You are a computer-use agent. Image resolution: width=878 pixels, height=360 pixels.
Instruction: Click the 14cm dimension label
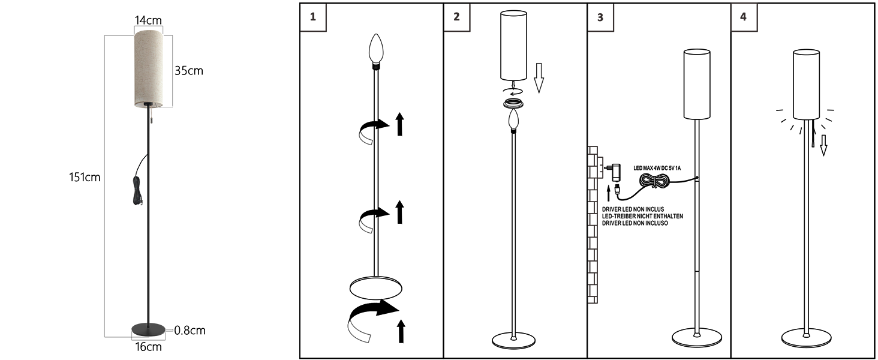coord(148,20)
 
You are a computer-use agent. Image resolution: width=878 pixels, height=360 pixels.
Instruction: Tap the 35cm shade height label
coord(189,71)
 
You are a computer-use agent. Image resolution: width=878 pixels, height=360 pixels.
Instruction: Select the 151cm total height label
coord(85,177)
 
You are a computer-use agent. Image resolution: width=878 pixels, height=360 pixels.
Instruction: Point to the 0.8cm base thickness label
coord(190,330)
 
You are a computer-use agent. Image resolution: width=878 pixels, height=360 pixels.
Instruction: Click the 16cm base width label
coord(148,347)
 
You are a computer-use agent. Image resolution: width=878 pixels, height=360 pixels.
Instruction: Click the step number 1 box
coord(313,17)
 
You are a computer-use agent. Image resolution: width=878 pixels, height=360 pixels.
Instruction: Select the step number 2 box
coord(456,17)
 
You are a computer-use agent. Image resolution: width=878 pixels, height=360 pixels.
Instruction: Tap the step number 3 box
coord(600,17)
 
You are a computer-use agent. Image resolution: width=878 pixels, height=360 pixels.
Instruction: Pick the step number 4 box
coord(744,17)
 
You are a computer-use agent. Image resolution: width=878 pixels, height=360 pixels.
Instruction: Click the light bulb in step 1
coord(376,49)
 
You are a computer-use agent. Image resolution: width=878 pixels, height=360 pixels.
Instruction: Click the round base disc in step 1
coord(376,289)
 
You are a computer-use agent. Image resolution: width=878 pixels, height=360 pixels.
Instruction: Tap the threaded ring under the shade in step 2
coord(513,104)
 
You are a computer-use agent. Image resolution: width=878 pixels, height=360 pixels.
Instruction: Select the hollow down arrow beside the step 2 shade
coord(539,77)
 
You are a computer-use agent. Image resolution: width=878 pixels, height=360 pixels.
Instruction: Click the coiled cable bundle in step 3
coord(654,181)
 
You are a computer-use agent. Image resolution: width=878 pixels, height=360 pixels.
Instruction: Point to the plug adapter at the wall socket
coord(614,172)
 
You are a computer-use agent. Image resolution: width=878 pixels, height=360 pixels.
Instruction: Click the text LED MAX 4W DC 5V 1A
coord(657,168)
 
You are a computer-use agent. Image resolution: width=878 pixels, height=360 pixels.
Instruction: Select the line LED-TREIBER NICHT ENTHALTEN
coord(642,216)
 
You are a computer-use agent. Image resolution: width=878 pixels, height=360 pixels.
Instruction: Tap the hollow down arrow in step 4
coord(823,145)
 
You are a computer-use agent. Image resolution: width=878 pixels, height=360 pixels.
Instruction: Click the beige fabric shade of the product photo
coord(149,68)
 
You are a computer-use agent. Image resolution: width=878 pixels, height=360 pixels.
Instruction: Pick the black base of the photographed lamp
coord(149,329)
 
